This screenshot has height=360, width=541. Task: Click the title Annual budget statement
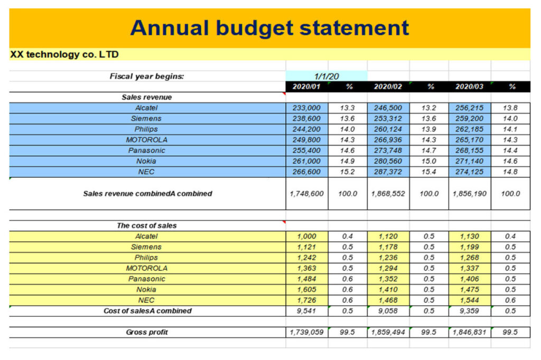[x=269, y=27]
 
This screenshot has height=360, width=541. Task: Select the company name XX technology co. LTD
[x=64, y=54]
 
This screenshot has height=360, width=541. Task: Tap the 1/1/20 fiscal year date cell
[x=327, y=76]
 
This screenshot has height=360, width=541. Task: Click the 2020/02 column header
[x=388, y=87]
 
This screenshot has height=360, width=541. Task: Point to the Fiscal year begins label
[x=147, y=76]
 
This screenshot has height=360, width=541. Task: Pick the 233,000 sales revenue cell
[x=306, y=108]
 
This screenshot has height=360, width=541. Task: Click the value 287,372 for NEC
[x=388, y=172]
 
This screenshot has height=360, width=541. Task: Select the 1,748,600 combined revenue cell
[x=306, y=194]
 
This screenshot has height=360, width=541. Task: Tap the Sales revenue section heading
[x=147, y=97]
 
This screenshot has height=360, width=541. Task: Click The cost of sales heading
[x=147, y=225]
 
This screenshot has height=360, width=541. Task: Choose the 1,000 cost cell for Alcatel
[x=306, y=236]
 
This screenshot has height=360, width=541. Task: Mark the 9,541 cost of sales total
[x=306, y=311]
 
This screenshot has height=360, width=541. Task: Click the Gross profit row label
[x=147, y=332]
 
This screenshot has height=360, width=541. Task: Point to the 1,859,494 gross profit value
[x=388, y=332]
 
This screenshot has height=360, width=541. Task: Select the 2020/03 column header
[x=470, y=87]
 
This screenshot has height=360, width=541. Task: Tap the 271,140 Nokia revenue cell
[x=470, y=161]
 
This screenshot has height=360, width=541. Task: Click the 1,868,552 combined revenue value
[x=388, y=194]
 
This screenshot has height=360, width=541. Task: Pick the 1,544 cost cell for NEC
[x=470, y=300]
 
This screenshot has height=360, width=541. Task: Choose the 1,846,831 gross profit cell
[x=470, y=332]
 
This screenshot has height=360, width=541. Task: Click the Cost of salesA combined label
[x=147, y=311]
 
